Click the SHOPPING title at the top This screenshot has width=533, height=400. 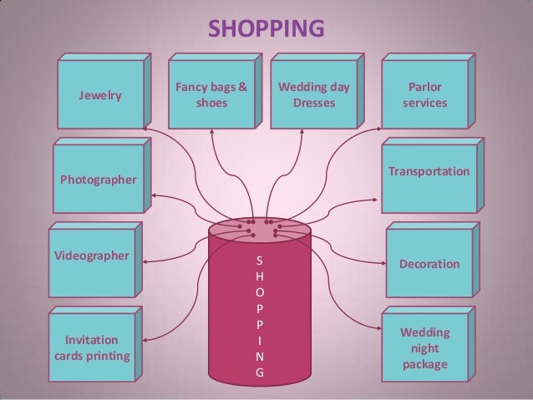pos(266,29)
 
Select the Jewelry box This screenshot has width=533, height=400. pos(99,96)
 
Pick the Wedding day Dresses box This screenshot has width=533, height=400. pos(313,96)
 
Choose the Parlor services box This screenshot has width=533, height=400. pos(424,96)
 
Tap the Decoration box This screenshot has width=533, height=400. pos(429,263)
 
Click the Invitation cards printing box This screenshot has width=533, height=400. pos(92,349)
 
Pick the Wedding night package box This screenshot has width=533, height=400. pos(424,349)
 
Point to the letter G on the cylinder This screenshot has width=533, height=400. pos(260,373)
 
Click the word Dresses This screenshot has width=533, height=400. pos(313,104)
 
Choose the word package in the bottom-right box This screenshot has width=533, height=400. pos(424,365)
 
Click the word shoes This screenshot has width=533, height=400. pos(211,104)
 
